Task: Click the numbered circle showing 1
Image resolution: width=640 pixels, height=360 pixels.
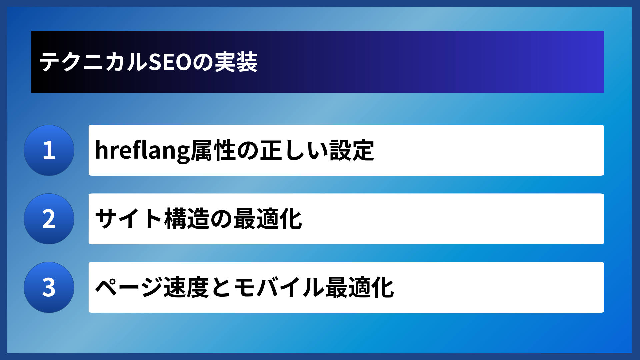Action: [49, 150]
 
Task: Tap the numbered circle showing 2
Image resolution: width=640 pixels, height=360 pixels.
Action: [49, 219]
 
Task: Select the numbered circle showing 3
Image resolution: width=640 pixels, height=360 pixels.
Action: [49, 287]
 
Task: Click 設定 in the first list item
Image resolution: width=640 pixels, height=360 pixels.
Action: [352, 151]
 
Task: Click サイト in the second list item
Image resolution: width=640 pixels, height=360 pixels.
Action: [129, 219]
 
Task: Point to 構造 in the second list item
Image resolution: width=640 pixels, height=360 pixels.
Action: [187, 219]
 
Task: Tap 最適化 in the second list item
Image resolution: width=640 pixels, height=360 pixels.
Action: [268, 219]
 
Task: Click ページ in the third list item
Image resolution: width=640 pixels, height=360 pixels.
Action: [129, 287]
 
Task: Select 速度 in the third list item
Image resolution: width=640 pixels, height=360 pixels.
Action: [186, 287]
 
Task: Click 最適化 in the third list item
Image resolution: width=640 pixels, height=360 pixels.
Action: [360, 287]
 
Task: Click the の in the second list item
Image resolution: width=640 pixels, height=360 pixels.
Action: [221, 219]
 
